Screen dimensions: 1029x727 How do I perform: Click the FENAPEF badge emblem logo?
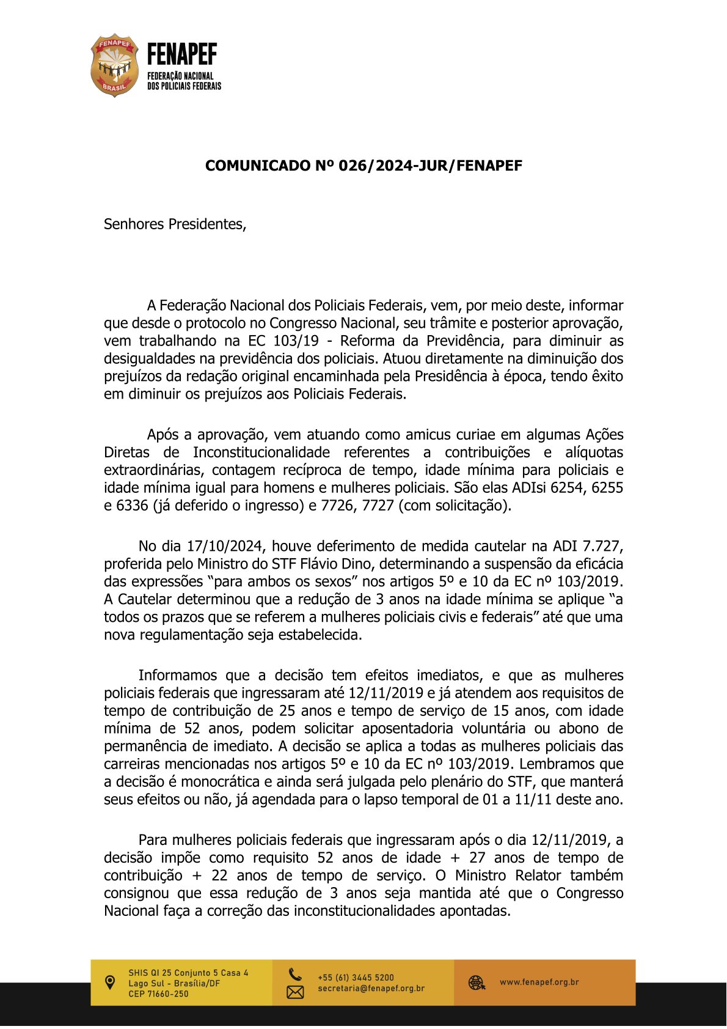click(114, 65)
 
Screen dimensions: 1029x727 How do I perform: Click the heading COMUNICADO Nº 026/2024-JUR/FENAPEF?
click(364, 166)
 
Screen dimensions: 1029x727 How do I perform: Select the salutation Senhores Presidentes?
click(175, 224)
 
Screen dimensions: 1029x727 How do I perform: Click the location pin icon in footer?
click(110, 983)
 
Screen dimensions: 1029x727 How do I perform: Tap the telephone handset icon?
click(295, 974)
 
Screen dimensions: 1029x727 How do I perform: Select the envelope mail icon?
click(295, 992)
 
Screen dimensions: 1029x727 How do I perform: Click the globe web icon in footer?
click(477, 983)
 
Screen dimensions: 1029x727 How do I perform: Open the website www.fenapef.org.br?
click(539, 983)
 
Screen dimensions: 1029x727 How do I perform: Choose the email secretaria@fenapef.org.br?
click(371, 989)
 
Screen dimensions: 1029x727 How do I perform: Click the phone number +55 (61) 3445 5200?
click(356, 978)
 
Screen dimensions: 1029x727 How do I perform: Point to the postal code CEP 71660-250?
click(158, 994)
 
